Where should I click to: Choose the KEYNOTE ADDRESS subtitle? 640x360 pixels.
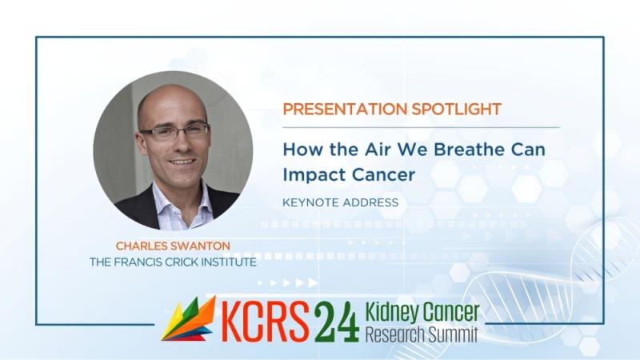tap(341, 202)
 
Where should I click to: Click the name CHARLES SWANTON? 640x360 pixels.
tap(173, 245)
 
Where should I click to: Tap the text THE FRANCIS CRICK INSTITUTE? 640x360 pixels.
tap(173, 262)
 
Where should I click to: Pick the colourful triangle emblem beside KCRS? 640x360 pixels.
tap(189, 319)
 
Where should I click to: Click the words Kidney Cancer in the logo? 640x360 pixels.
tap(422, 311)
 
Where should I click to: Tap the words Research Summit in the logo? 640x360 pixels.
tap(422, 333)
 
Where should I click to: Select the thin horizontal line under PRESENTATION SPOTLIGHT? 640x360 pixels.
tap(421, 127)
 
